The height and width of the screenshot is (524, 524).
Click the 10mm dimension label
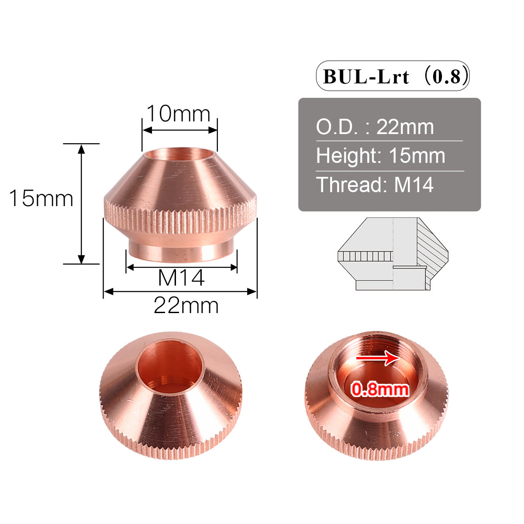click(x=178, y=114)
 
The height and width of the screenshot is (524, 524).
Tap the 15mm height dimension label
click(x=41, y=199)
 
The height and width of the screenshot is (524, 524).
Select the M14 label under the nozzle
click(x=181, y=278)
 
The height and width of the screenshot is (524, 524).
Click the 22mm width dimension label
click(x=186, y=305)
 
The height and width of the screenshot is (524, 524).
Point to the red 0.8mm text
click(x=380, y=389)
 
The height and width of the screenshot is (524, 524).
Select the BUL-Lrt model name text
click(x=366, y=77)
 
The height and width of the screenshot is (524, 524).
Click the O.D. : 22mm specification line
click(x=375, y=127)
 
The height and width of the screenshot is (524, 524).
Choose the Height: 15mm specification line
click(x=380, y=156)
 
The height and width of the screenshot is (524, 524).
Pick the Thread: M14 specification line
click(x=375, y=185)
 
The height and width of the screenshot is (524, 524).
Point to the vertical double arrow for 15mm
click(x=81, y=204)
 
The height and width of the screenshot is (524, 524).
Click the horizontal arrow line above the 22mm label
click(x=180, y=291)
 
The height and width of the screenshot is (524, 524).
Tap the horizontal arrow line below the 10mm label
click(x=180, y=130)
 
